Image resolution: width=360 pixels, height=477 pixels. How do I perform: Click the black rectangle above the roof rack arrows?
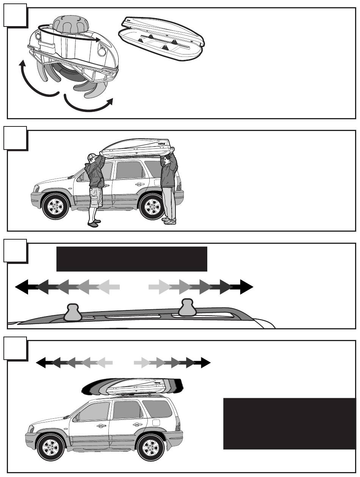(131, 259)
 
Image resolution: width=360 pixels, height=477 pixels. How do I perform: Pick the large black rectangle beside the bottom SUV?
(290, 423)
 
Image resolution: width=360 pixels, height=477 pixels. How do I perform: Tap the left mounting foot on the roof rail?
(73, 312)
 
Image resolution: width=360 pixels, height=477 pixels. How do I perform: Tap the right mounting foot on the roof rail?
(187, 307)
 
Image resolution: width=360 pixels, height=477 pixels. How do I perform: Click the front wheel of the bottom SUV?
(50, 447)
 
